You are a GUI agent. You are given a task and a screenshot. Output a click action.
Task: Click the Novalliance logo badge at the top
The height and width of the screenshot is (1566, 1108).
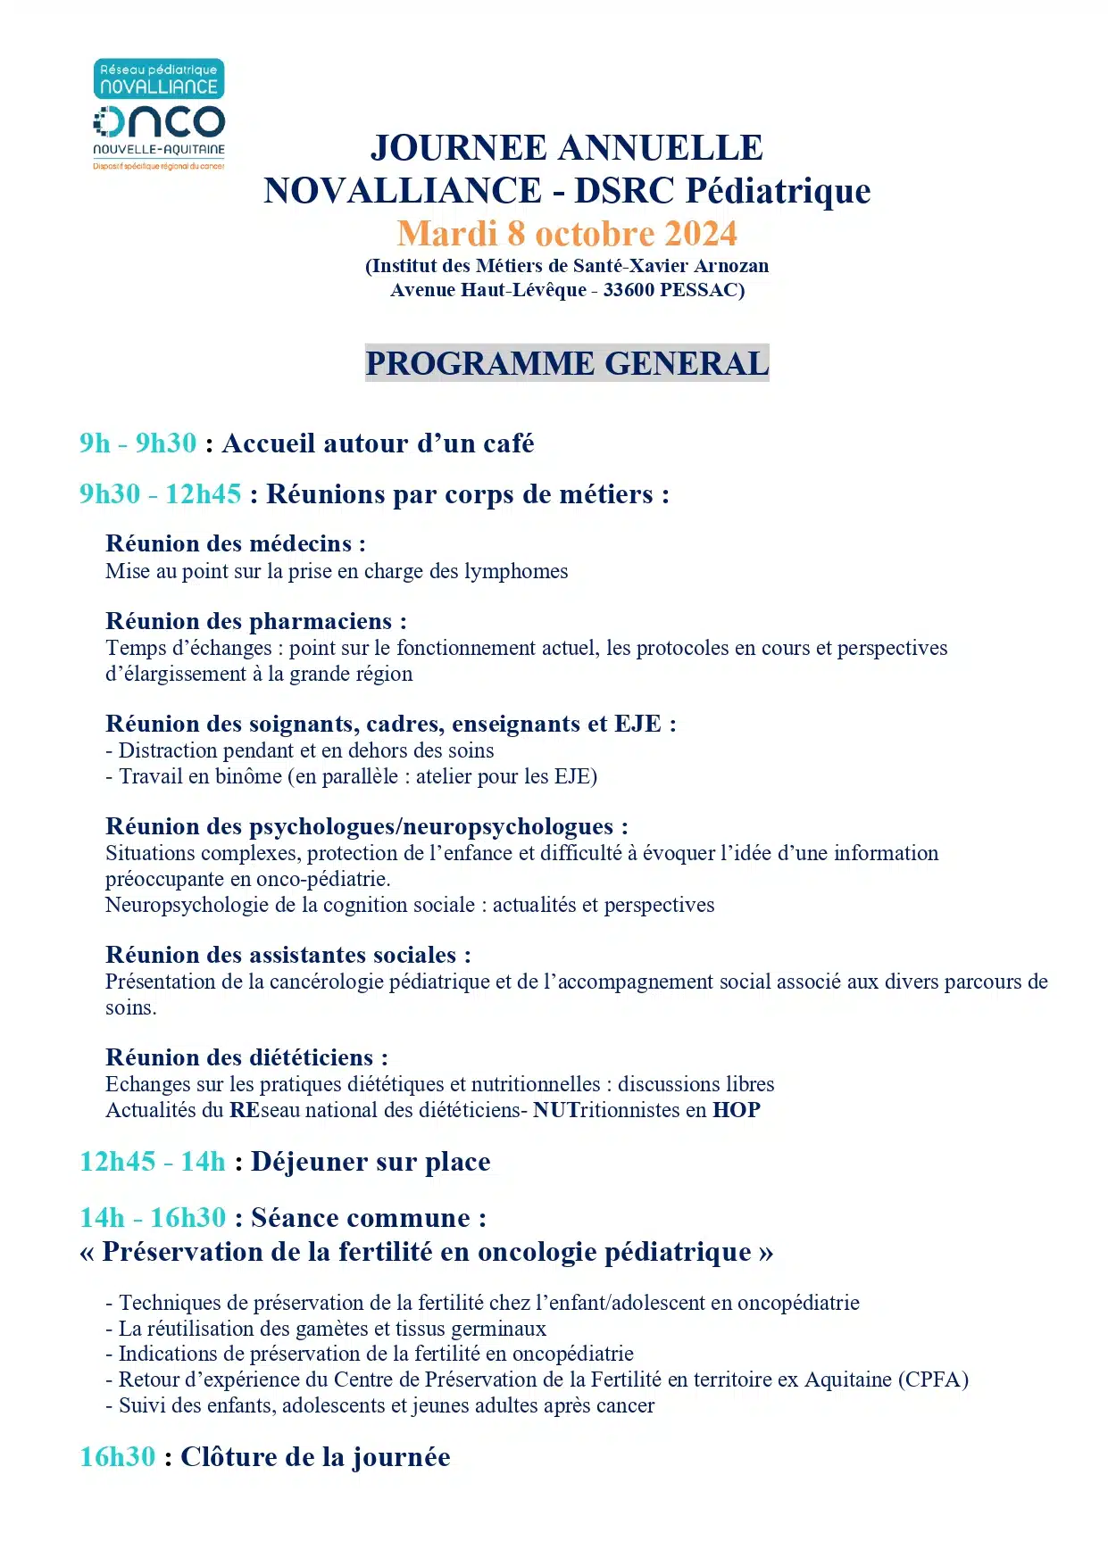tap(159, 79)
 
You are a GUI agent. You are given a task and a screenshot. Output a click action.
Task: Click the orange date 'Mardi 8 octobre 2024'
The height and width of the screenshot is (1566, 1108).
tap(567, 234)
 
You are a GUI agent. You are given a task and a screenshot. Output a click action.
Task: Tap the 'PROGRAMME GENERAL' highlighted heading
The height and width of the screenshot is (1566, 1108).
tap(567, 363)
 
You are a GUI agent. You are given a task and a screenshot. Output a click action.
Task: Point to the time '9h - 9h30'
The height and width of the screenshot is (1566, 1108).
tap(137, 443)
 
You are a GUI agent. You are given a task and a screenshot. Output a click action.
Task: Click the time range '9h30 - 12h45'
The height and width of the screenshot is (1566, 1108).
tap(160, 494)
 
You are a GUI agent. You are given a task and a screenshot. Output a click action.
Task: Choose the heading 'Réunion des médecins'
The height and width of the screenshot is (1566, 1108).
tap(235, 543)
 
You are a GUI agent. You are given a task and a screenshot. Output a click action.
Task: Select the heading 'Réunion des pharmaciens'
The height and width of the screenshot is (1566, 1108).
tap(255, 621)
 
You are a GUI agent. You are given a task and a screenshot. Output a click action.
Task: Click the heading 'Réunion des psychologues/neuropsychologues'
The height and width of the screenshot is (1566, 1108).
tap(366, 826)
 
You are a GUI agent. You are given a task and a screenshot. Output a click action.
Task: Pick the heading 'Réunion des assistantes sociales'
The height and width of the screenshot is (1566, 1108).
tap(287, 955)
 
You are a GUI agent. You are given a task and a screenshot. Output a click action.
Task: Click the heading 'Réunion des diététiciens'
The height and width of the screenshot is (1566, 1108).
tap(246, 1057)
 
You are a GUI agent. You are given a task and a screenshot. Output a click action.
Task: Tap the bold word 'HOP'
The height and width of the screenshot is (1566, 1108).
tap(736, 1110)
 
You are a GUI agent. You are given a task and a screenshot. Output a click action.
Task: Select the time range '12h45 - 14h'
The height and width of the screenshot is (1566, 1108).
tap(153, 1162)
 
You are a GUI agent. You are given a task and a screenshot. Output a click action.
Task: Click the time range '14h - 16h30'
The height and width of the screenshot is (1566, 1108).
tap(153, 1218)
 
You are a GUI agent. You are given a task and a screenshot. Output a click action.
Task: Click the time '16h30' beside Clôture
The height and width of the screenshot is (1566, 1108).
tap(118, 1457)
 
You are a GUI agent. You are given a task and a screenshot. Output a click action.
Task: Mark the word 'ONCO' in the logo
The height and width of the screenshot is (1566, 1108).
tap(159, 122)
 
